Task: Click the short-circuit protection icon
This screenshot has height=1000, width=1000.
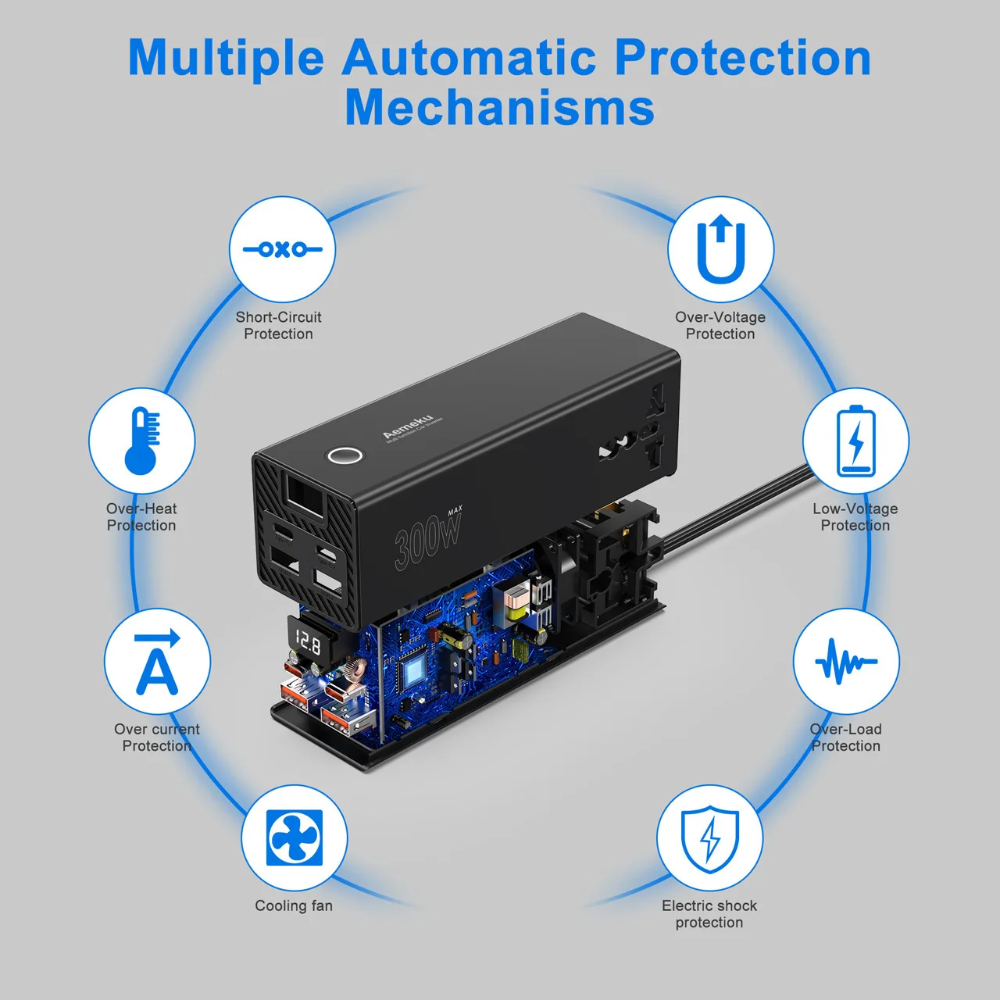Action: pos(282,249)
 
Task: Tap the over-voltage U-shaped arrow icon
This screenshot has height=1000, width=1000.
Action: pos(720,250)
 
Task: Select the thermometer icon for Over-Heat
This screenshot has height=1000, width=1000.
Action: pos(142,440)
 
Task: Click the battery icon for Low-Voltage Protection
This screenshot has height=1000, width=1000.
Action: pos(855,441)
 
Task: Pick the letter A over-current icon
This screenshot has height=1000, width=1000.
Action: pos(157,662)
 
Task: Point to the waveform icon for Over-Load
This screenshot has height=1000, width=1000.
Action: pos(846,662)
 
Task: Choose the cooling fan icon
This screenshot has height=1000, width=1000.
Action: pos(294,837)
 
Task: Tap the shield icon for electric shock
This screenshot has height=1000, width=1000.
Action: pos(709,837)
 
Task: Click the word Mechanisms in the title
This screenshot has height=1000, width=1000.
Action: pos(499,107)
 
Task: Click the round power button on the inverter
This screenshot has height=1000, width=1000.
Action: pos(343,455)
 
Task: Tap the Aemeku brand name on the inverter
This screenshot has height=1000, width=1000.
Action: pos(407,427)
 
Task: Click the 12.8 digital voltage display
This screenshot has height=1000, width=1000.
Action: pos(307,643)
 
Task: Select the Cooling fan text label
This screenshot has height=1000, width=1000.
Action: pos(294,905)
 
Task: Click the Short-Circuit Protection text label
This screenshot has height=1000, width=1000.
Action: pos(278,325)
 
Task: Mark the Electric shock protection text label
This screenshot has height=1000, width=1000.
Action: pos(709,914)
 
